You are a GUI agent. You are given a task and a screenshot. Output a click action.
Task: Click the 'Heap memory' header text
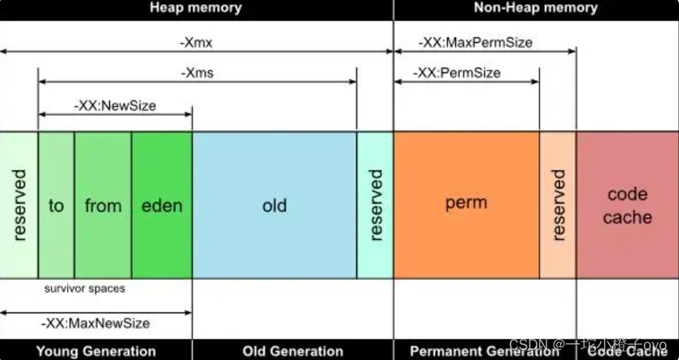195,9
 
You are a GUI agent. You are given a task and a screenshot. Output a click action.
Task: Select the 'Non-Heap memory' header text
536,9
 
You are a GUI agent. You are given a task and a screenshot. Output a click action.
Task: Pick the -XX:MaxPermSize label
476,43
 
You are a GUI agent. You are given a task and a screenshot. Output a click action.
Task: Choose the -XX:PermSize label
459,72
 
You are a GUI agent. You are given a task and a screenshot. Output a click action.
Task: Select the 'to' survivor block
56,206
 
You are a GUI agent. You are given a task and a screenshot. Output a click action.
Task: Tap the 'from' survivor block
103,206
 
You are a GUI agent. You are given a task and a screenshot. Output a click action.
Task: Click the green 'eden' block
161,206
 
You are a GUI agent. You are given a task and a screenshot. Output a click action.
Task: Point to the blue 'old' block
274,206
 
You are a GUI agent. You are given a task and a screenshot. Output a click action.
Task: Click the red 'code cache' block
628,206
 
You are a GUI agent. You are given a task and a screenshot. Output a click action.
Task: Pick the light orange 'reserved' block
558,206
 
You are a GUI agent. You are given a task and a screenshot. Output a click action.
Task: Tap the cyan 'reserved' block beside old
376,206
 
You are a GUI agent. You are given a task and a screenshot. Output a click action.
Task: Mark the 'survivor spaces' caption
84,288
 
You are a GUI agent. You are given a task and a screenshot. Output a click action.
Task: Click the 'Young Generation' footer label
96,351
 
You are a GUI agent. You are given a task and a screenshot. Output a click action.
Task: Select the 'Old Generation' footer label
293,351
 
